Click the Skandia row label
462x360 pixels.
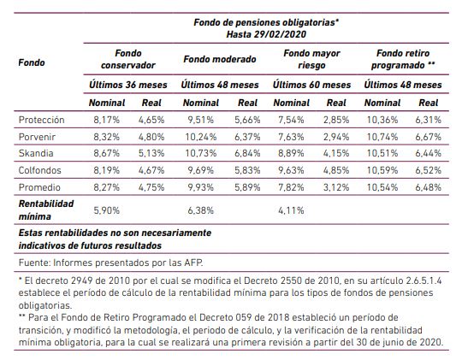pyautogui.click(x=36, y=153)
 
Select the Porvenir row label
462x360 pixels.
pyautogui.click(x=37, y=137)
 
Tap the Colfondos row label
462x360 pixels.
pyautogui.click(x=39, y=170)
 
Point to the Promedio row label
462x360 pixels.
pyautogui.click(x=39, y=187)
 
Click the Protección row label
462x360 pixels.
pyautogui.click(x=41, y=120)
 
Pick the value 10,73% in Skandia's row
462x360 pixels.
pyautogui.click(x=201, y=153)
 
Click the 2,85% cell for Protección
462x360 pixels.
pyautogui.click(x=336, y=120)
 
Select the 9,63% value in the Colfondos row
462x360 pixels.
pyautogui.click(x=291, y=170)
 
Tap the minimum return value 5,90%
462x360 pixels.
pyautogui.click(x=107, y=210)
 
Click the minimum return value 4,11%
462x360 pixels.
pyautogui.click(x=291, y=210)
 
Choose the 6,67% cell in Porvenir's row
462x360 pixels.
pyautogui.click(x=428, y=137)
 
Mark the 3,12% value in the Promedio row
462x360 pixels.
pyautogui.click(x=336, y=187)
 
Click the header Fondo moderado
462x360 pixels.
pyautogui.click(x=220, y=59)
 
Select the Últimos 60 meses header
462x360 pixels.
pyautogui.click(x=311, y=85)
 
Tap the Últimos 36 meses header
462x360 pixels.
pyautogui.click(x=128, y=85)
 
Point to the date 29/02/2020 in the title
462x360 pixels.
pyautogui.click(x=280, y=34)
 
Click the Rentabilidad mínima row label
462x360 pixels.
pyautogui.click(x=46, y=210)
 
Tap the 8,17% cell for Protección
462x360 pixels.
pyautogui.click(x=107, y=120)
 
